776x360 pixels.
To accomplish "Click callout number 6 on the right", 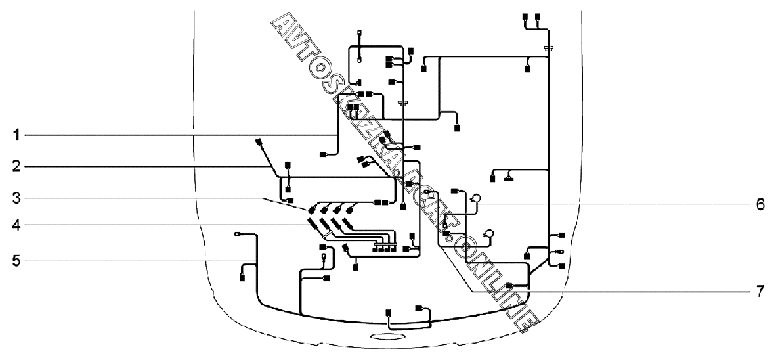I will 760,204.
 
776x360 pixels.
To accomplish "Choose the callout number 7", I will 760,290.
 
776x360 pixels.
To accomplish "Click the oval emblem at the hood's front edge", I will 385,336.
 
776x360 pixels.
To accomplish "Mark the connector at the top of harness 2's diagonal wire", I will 259,142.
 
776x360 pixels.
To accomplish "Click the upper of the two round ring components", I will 477,196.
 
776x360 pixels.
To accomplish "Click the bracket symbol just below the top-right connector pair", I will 548,49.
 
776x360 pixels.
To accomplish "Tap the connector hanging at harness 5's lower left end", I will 242,278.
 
